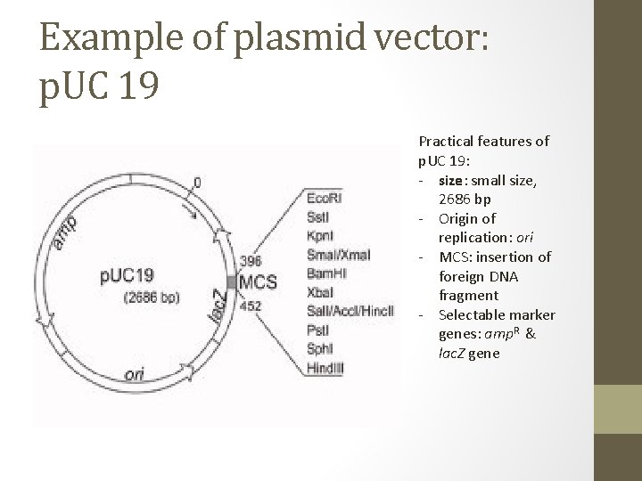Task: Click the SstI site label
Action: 317,216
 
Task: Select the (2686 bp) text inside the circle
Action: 152,297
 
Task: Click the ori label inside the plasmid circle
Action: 134,375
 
